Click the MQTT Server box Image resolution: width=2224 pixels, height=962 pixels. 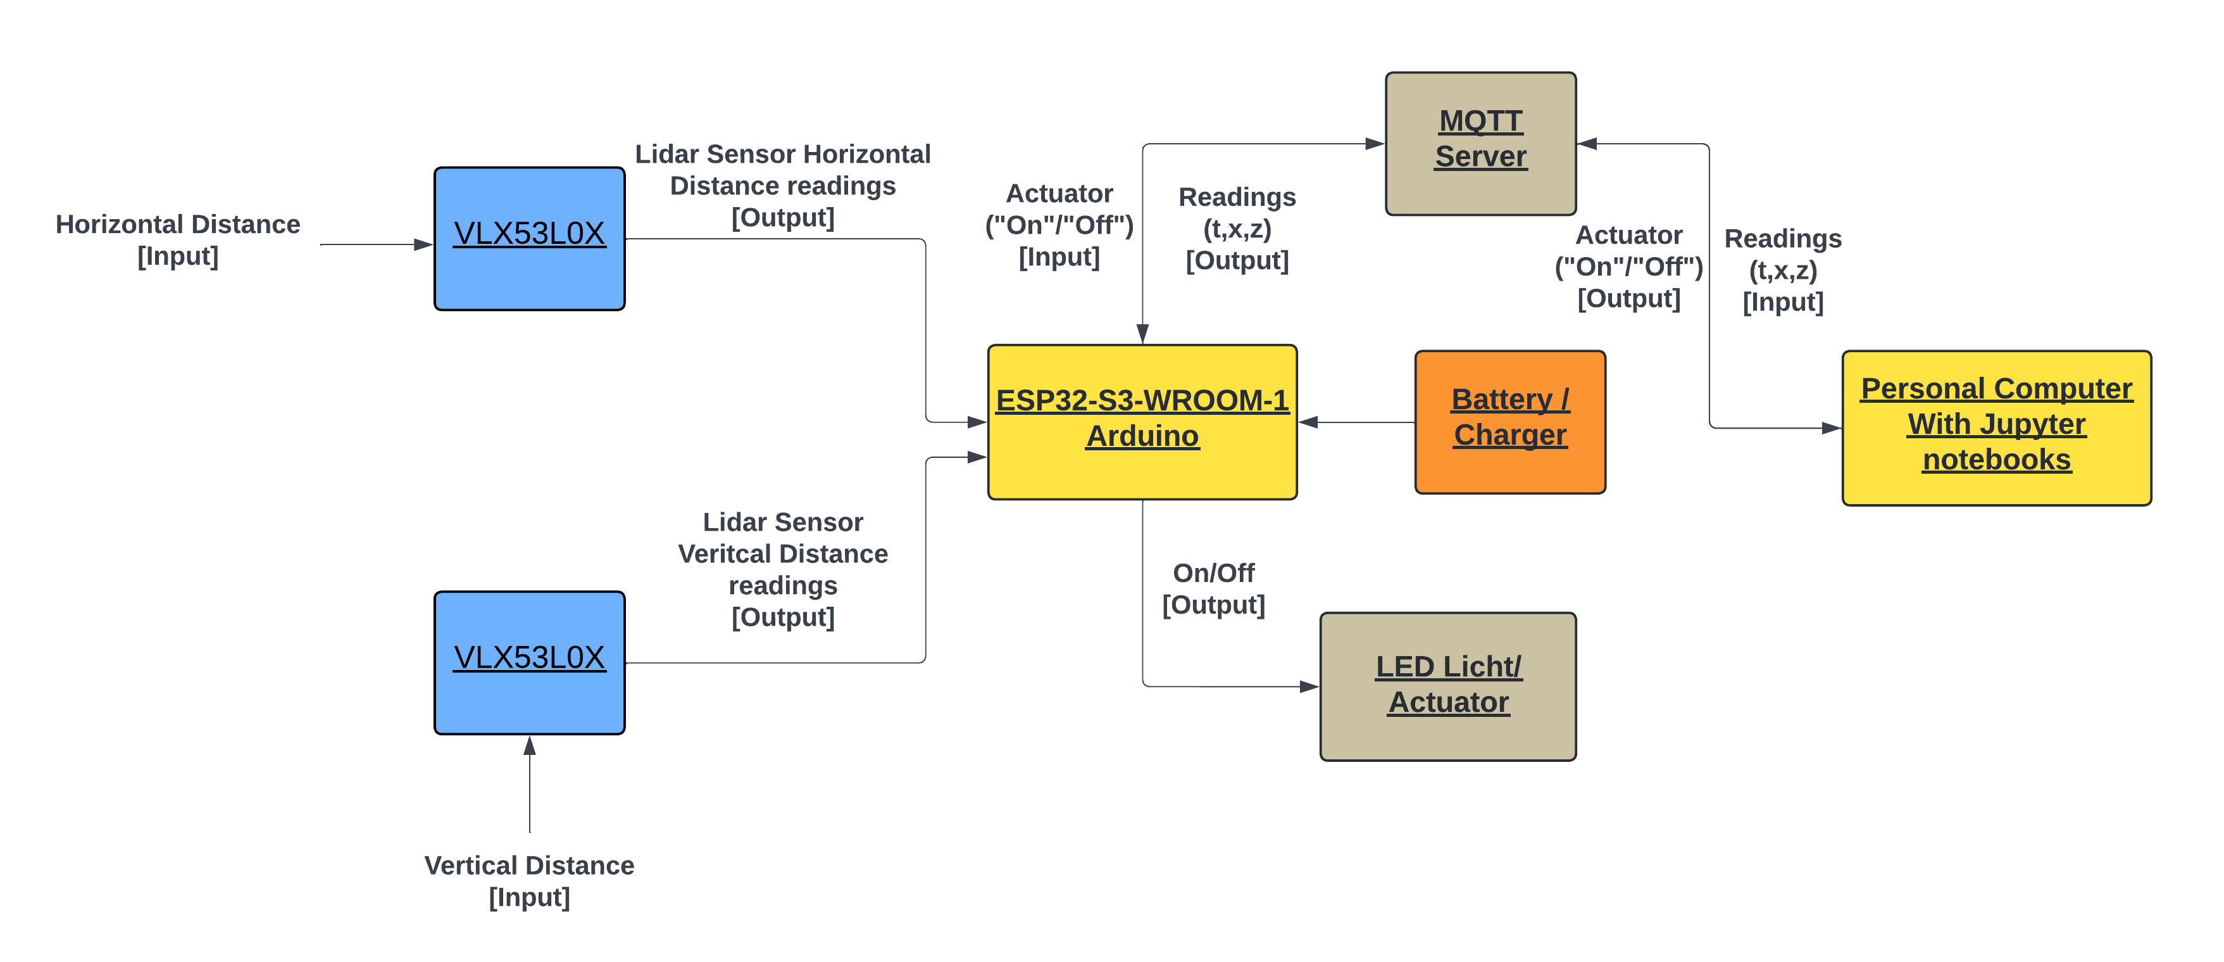point(1480,143)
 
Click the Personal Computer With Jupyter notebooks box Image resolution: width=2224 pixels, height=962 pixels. point(1996,427)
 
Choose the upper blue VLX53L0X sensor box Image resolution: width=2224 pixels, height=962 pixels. point(529,238)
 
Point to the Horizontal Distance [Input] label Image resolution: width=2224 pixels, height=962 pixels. point(178,240)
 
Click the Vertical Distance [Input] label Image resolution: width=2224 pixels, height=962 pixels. point(529,881)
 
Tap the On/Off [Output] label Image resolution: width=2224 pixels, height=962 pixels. point(1213,589)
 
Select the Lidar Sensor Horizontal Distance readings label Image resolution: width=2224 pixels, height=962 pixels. point(782,186)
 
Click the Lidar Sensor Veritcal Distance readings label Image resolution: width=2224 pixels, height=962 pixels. point(782,569)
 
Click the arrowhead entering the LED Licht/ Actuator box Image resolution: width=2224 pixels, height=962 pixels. point(1309,687)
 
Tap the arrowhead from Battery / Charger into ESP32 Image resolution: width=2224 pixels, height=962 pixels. point(1309,422)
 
